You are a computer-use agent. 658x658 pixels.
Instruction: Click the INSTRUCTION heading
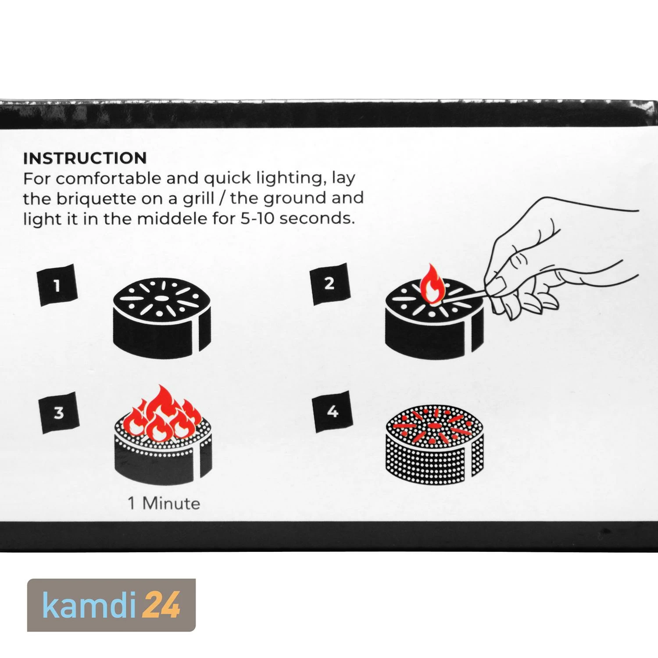click(x=85, y=158)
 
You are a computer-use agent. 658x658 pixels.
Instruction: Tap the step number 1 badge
click(x=58, y=286)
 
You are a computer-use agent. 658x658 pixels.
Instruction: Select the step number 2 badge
click(x=330, y=284)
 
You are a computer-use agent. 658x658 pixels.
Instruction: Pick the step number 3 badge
click(x=58, y=413)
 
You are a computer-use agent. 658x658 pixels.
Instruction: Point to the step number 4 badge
click(x=333, y=411)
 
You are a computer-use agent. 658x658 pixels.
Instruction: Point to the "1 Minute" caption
click(x=164, y=503)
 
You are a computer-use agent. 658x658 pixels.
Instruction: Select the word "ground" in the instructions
click(x=297, y=199)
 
